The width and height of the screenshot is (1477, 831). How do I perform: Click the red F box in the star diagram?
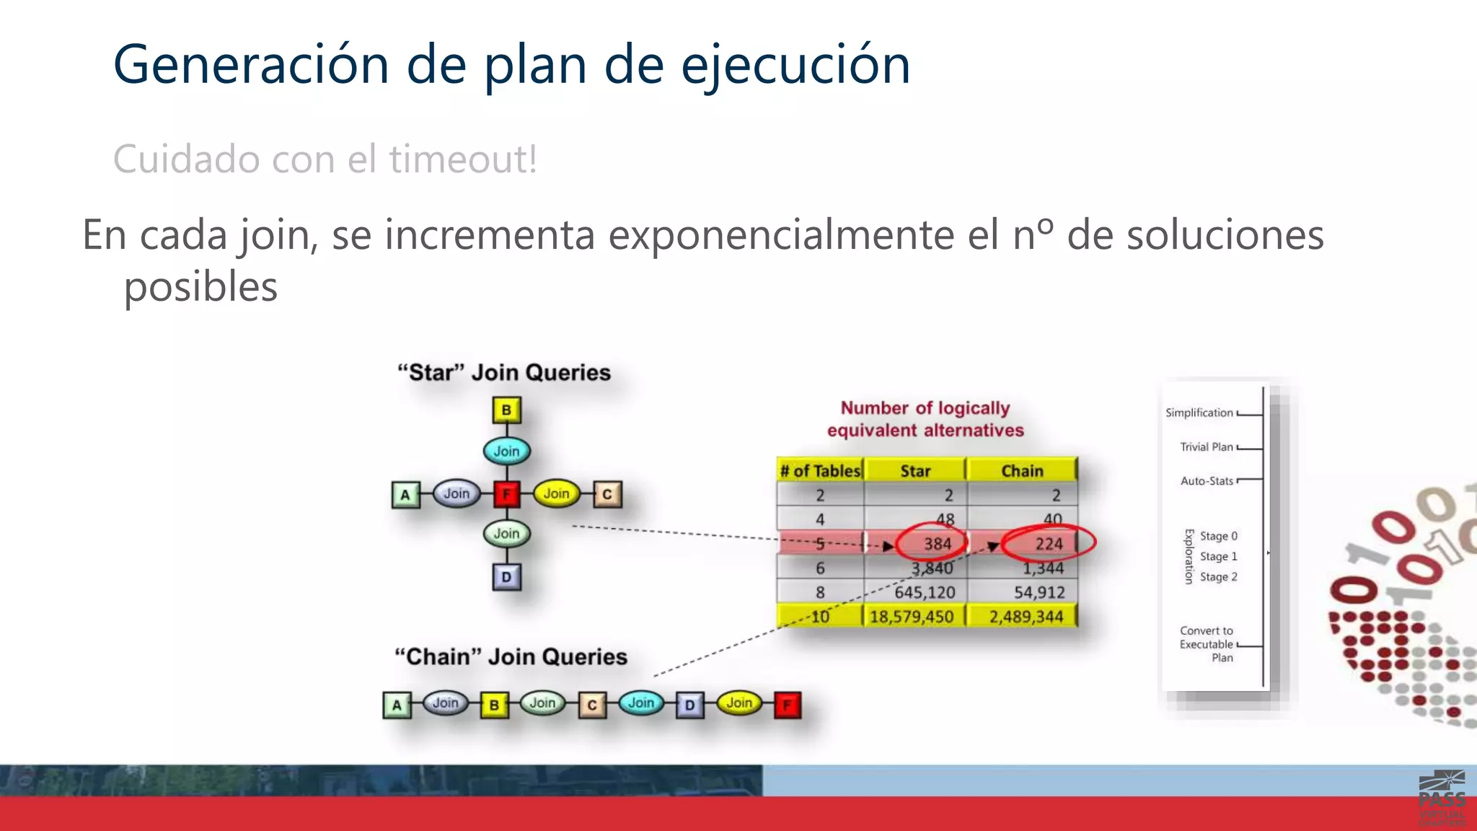tap(507, 494)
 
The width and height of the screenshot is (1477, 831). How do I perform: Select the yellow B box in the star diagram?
tap(506, 410)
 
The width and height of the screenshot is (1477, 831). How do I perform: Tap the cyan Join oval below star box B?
tap(506, 452)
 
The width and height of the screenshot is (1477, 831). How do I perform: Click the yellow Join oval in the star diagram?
tap(556, 494)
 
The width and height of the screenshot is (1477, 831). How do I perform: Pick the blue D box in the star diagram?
tap(506, 577)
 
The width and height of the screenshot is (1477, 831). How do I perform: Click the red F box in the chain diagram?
tap(787, 705)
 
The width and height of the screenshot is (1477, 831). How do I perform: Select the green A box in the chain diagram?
tap(397, 705)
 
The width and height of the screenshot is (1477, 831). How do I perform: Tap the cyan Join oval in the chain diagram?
tap(641, 703)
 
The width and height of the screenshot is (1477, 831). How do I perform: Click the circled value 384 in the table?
tap(937, 544)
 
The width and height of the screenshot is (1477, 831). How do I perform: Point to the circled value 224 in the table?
tap(1049, 544)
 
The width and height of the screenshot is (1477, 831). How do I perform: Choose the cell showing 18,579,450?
tap(912, 617)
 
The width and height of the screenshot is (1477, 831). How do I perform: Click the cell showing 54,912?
tap(1039, 592)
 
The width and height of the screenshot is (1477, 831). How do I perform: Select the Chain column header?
tap(1022, 471)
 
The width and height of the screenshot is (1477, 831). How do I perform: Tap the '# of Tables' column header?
tap(820, 471)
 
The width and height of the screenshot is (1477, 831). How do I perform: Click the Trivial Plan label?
tap(1206, 447)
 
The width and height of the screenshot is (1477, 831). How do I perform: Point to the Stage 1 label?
tap(1218, 556)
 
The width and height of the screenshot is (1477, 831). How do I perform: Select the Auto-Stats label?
tap(1207, 481)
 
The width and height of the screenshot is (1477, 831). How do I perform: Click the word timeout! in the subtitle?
tap(463, 159)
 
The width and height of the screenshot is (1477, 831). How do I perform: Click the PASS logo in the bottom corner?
tap(1442, 797)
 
